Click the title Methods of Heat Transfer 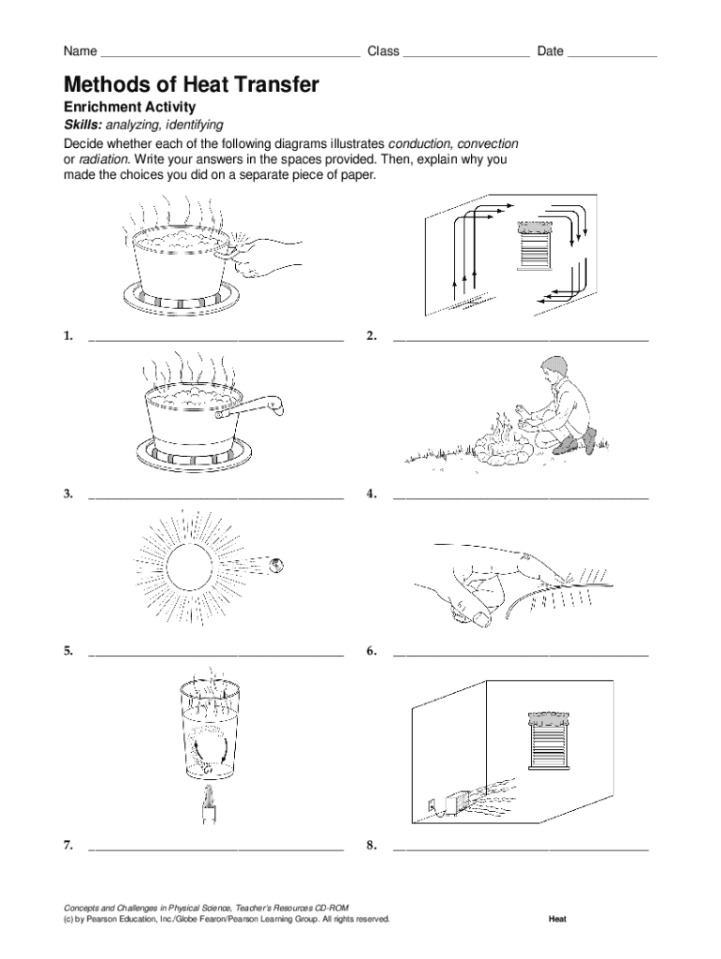point(191,85)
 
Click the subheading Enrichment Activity point(129,108)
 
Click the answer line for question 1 point(215,338)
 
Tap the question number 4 point(372,494)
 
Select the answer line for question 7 point(215,848)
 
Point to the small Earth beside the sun point(277,564)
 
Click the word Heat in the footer point(557,919)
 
